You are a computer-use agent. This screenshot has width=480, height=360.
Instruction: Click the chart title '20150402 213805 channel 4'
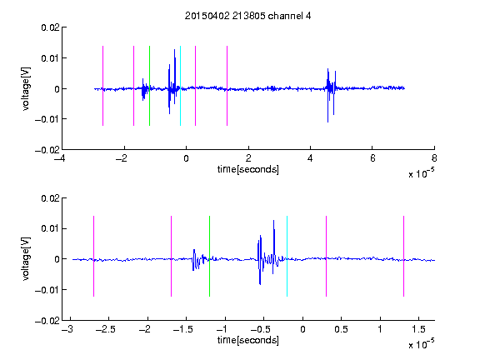[247, 16]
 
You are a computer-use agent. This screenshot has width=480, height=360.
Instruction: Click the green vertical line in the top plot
[149, 86]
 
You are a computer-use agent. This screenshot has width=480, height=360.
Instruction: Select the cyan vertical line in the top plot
[180, 86]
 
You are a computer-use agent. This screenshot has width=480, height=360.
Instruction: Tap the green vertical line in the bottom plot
[209, 256]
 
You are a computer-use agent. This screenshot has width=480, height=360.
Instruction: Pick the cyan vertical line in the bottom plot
[287, 256]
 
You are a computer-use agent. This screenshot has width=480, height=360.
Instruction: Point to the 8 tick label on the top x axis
[434, 158]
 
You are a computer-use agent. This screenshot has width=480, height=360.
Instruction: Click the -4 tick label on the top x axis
[59, 158]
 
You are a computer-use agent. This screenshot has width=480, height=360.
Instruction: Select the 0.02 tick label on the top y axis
[50, 27]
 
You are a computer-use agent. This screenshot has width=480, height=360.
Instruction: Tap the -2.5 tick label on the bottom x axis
[106, 329]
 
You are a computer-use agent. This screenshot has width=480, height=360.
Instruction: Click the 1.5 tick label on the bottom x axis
[418, 329]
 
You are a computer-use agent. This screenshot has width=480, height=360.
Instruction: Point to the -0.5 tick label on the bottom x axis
[261, 329]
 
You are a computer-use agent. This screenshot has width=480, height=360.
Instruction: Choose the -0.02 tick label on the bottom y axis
[47, 321]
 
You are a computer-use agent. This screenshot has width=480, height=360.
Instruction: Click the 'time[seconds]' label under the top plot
[248, 169]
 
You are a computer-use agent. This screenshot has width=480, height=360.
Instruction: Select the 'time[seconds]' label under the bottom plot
[248, 340]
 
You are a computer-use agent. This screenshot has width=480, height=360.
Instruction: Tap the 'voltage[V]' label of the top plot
[26, 89]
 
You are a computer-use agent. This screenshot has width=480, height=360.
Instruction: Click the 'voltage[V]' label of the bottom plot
[26, 258]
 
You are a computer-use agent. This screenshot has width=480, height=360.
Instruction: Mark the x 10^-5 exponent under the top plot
[421, 173]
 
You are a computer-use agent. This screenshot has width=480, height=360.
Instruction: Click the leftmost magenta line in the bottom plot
[93, 256]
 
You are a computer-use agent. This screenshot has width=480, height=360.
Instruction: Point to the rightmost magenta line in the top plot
[227, 86]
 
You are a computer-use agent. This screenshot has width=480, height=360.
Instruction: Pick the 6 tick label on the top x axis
[372, 158]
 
